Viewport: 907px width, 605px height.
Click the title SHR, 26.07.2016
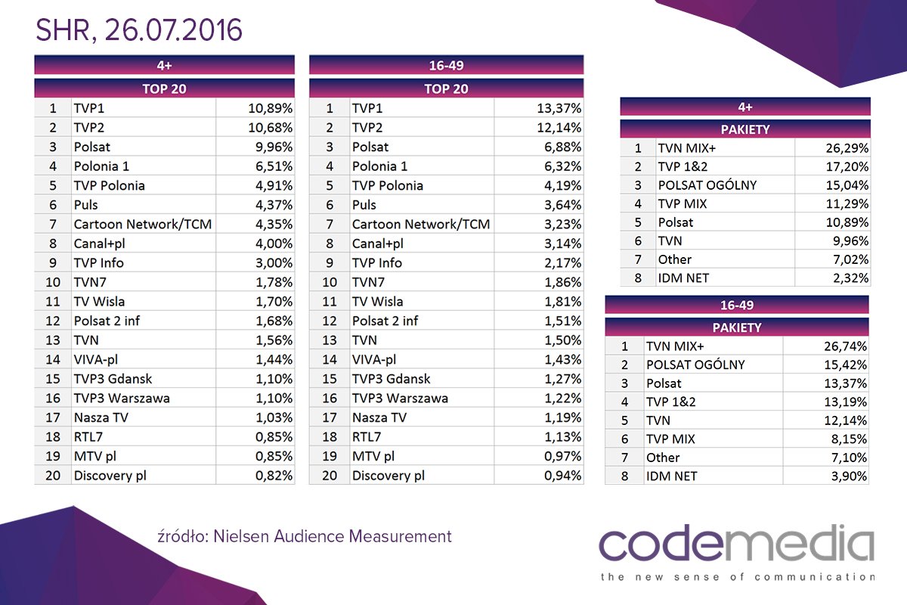point(140,29)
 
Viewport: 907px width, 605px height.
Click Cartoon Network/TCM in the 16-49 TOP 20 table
point(421,225)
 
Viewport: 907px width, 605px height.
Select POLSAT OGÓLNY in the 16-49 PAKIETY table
point(695,365)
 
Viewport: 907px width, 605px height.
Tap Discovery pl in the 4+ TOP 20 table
point(110,476)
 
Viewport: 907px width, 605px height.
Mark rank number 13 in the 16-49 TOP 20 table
point(329,340)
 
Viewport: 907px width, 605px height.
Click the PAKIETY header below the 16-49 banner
point(736,327)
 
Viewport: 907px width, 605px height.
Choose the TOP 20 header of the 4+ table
point(164,88)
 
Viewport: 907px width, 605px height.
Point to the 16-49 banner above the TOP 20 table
point(446,66)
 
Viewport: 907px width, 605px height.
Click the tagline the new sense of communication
point(737,577)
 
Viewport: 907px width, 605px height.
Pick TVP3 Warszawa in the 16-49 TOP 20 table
point(400,398)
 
